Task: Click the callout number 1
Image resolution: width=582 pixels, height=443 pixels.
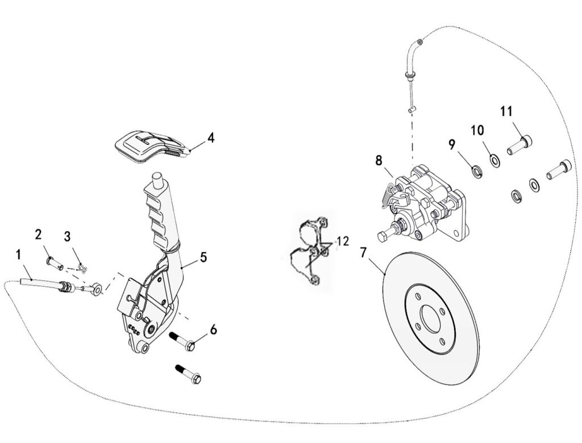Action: coord(19,255)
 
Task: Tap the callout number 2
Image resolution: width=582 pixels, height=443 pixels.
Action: coord(39,235)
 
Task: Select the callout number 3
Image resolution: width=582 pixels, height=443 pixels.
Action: coord(67,236)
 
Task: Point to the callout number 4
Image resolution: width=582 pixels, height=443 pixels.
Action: coord(211,138)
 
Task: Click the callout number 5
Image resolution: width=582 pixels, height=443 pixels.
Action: coord(203,257)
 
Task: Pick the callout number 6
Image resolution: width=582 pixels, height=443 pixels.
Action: coord(214,329)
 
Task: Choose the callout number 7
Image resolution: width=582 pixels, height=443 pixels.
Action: coord(363,253)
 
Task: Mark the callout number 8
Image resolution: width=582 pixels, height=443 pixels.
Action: coord(379,161)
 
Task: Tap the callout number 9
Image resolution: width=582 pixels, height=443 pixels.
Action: coord(452,145)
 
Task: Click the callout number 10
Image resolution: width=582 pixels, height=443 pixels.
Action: coord(477,130)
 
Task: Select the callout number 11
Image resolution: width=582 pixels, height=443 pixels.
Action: coord(506,111)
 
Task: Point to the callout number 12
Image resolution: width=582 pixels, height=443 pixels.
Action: coord(343,241)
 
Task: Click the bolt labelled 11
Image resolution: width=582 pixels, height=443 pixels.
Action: coord(519,145)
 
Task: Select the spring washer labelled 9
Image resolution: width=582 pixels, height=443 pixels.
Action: coord(475,172)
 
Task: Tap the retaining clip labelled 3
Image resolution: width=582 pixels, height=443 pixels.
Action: coord(83,267)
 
